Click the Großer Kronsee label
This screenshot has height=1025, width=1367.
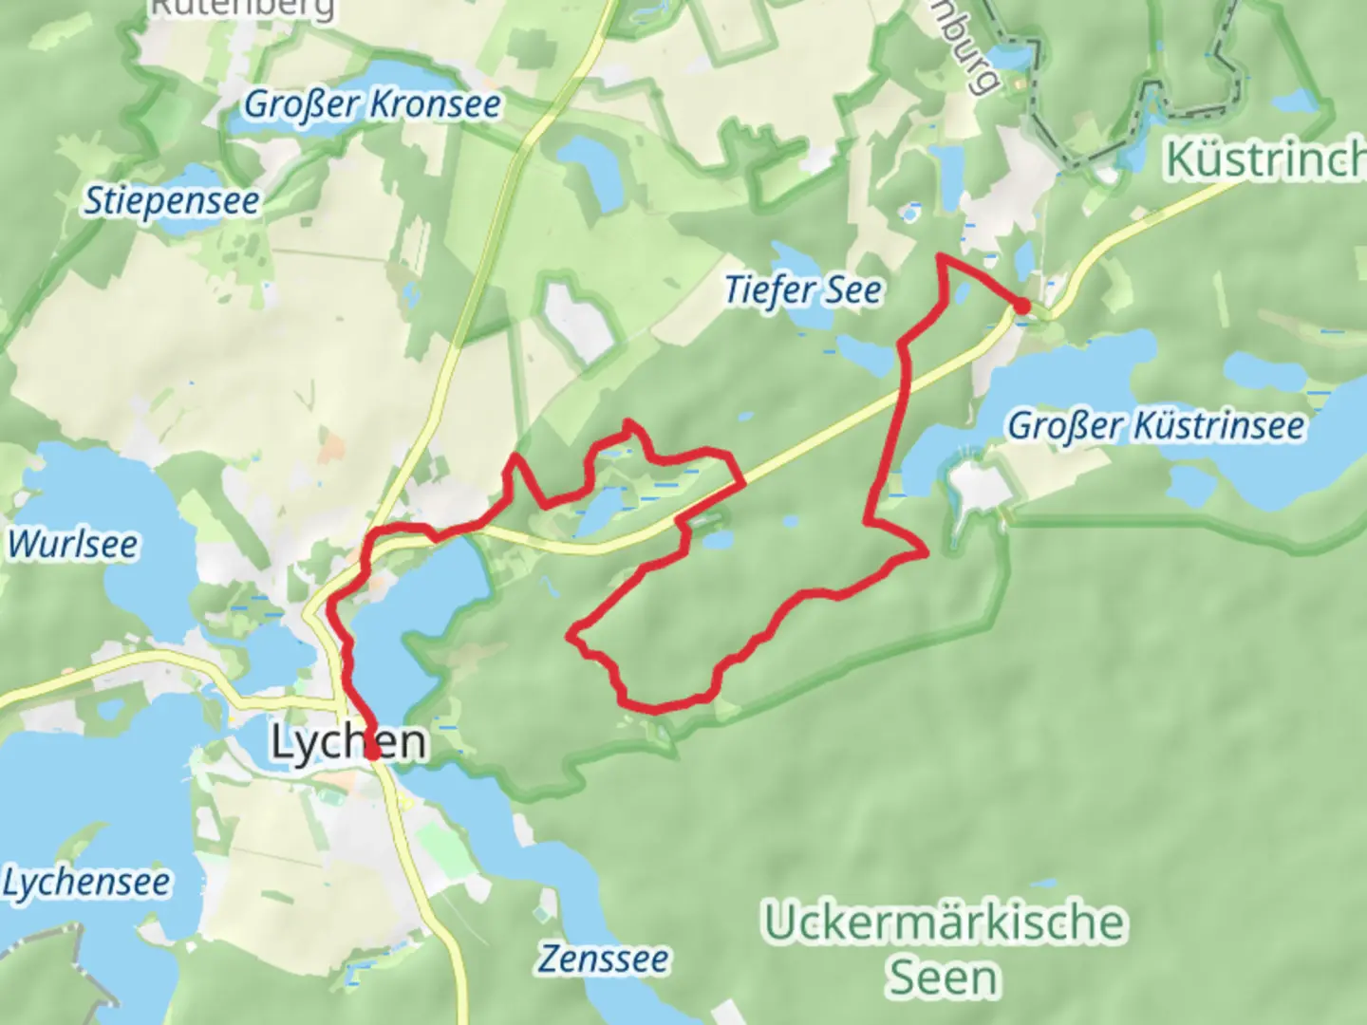(372, 103)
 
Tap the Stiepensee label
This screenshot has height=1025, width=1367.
(172, 201)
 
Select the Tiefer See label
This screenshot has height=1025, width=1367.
(803, 290)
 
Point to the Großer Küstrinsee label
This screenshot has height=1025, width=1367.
(1155, 426)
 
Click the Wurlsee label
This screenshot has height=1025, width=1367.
(72, 545)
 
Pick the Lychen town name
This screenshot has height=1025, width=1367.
(348, 742)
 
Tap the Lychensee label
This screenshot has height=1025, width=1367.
(86, 883)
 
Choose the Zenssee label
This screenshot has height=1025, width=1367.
(604, 959)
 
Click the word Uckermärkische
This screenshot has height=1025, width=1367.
(945, 922)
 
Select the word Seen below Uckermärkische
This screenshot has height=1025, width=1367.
(943, 978)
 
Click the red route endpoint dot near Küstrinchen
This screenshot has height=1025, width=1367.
(1021, 306)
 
